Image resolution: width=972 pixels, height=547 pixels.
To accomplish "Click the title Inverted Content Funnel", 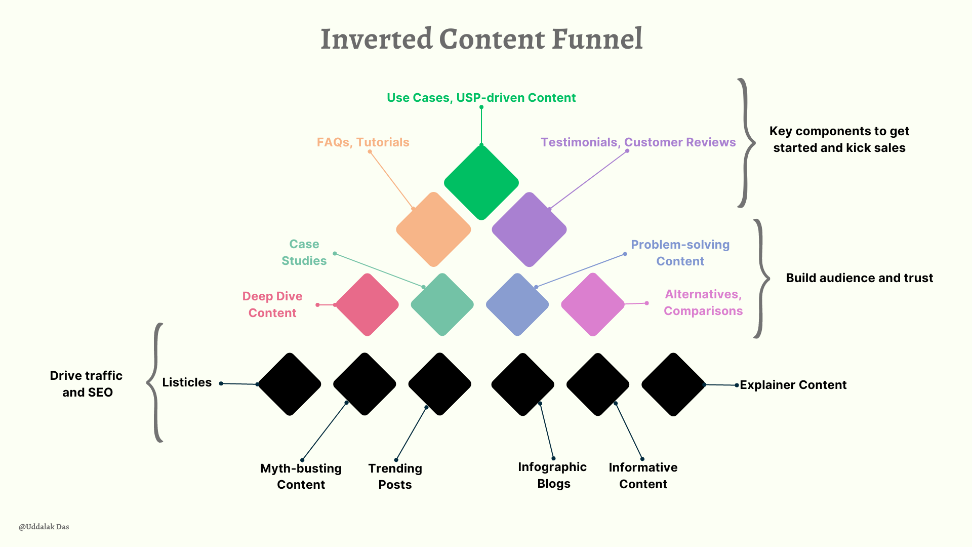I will (481, 39).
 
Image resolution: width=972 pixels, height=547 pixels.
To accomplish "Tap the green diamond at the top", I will (481, 182).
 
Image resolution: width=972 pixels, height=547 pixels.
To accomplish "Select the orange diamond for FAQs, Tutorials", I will (433, 229).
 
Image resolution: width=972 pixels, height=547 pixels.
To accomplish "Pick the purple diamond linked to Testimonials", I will (529, 229).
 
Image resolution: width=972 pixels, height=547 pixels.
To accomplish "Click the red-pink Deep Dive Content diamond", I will (367, 304).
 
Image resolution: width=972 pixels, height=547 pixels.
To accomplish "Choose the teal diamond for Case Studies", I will (442, 304).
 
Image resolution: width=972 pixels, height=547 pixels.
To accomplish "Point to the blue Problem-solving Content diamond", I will (517, 304).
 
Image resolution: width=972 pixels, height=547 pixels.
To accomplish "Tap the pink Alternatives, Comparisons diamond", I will (593, 304).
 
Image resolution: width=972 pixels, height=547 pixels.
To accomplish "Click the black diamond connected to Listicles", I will (290, 384).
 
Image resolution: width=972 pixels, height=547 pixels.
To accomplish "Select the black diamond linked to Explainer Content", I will (673, 384).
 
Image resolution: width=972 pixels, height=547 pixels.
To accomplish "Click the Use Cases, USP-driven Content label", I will (481, 98).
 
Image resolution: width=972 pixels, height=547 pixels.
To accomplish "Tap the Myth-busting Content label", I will (301, 476).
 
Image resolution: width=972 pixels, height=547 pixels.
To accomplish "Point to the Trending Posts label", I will (395, 476).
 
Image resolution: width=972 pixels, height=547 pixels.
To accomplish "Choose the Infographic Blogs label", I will (552, 475).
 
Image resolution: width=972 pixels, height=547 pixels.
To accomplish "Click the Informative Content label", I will (643, 476).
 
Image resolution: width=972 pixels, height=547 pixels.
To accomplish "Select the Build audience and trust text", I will (859, 278).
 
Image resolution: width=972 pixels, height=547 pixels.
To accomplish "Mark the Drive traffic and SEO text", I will (87, 384).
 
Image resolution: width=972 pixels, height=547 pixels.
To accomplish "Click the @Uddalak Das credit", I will (44, 527).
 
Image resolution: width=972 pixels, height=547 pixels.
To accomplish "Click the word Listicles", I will (187, 382).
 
